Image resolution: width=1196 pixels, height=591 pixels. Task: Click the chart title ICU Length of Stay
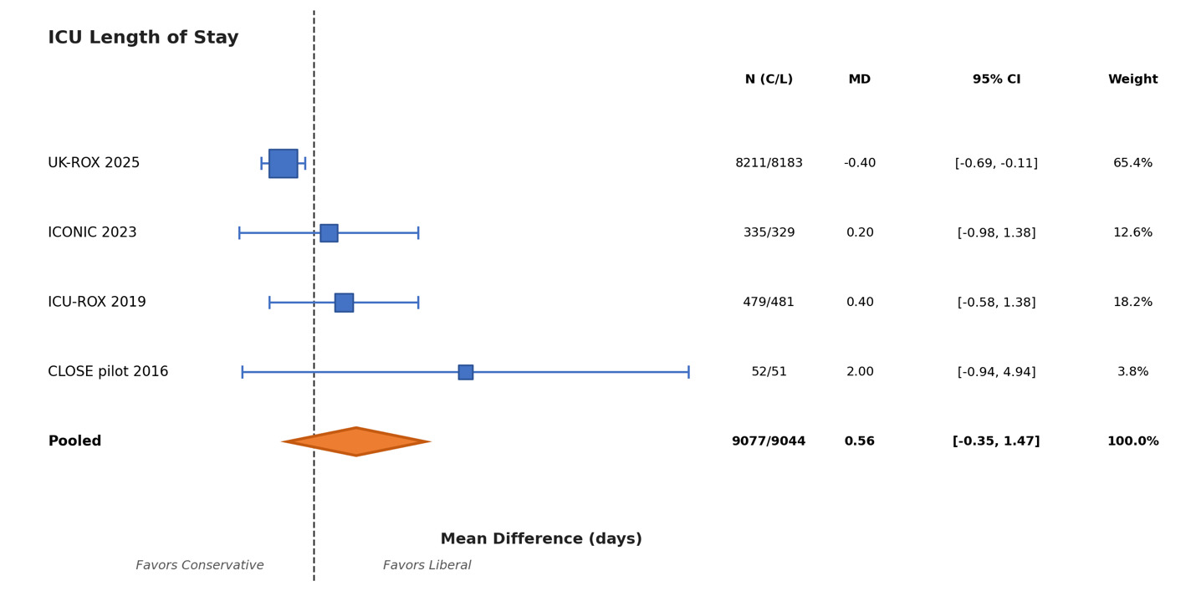pyautogui.click(x=143, y=38)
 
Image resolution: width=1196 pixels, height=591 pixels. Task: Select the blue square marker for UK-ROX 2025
pyautogui.click(x=283, y=163)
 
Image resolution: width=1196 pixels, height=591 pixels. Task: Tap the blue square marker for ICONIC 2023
pyautogui.click(x=329, y=233)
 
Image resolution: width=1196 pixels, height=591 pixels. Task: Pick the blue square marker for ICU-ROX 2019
pyautogui.click(x=344, y=303)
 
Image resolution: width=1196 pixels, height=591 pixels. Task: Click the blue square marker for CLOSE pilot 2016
pyautogui.click(x=465, y=372)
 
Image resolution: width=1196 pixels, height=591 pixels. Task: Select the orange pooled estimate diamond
pyautogui.click(x=356, y=441)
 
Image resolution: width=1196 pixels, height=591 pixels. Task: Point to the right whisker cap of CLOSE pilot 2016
pyautogui.click(x=688, y=372)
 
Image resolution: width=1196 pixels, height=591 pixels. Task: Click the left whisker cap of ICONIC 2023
pyautogui.click(x=239, y=233)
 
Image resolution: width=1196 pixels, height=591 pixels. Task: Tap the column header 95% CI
pyautogui.click(x=996, y=79)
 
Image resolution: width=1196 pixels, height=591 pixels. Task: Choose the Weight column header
pyautogui.click(x=1132, y=79)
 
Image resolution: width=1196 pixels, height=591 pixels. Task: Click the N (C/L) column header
pyautogui.click(x=769, y=79)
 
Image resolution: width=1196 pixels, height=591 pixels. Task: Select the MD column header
pyautogui.click(x=859, y=79)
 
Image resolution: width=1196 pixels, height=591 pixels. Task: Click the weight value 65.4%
pyautogui.click(x=1132, y=163)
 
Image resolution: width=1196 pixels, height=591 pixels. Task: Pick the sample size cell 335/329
pyautogui.click(x=769, y=233)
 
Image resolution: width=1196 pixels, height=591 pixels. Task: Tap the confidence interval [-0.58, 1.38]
pyautogui.click(x=996, y=303)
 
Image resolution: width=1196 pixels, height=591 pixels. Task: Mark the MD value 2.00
pyautogui.click(x=859, y=372)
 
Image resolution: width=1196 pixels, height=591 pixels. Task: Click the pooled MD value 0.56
pyautogui.click(x=859, y=441)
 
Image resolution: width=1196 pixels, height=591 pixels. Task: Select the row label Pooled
pyautogui.click(x=74, y=441)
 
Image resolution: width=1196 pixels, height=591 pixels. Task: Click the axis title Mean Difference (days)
pyautogui.click(x=541, y=539)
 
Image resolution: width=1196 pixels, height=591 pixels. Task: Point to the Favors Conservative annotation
pyautogui.click(x=200, y=566)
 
